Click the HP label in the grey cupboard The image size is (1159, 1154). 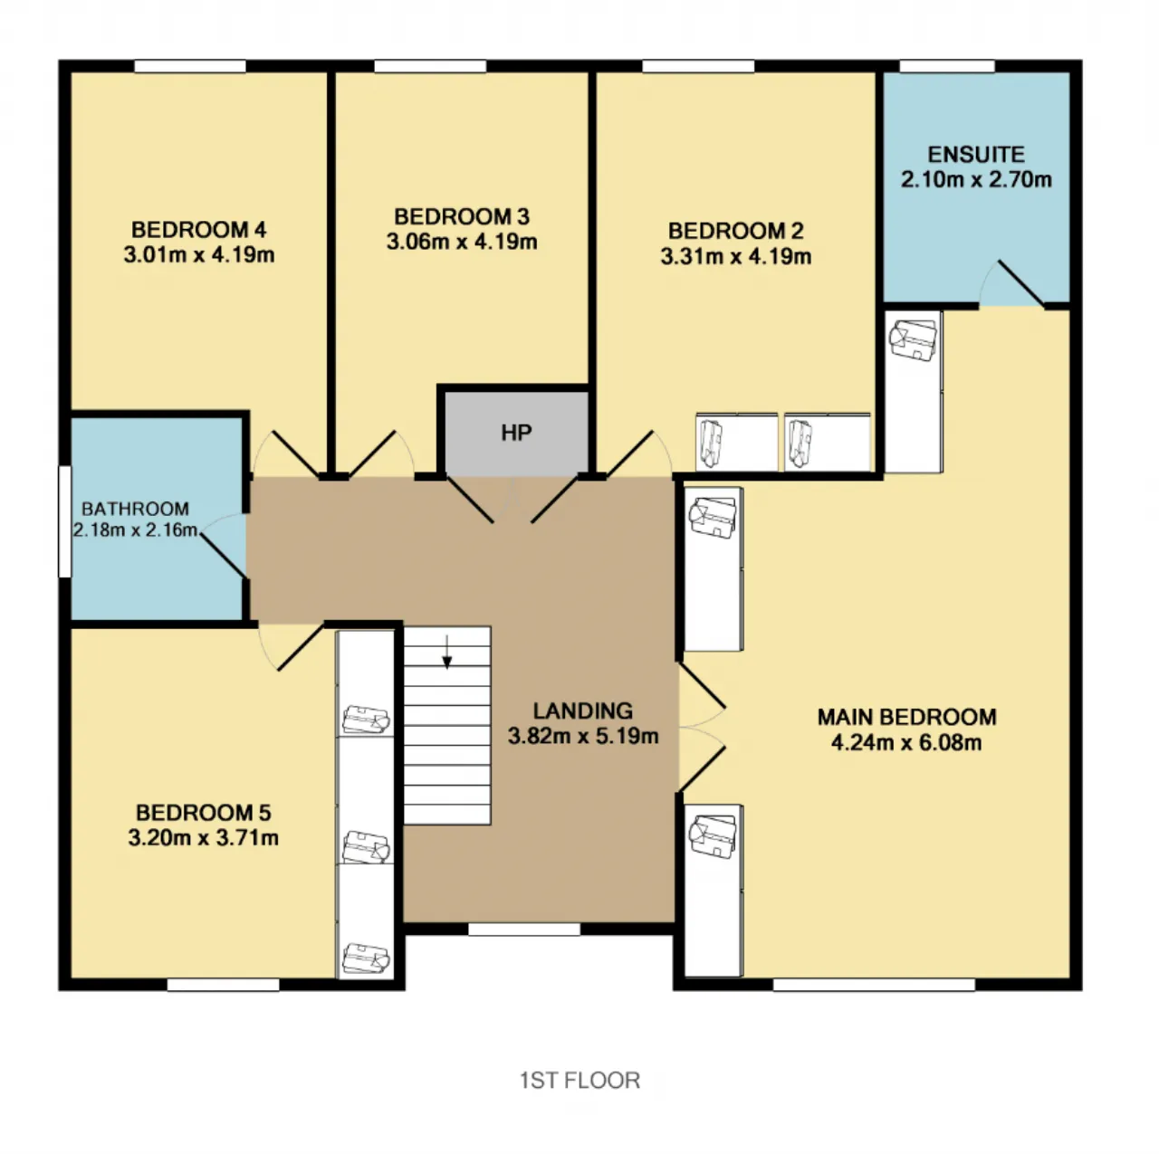click(x=516, y=433)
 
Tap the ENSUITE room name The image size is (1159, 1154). click(x=975, y=155)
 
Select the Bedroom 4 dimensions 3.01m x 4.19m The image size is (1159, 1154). click(x=199, y=255)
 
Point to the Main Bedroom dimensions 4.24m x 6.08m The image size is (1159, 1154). click(x=906, y=743)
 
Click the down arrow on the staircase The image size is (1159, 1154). click(x=447, y=652)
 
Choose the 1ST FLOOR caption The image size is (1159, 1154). click(x=579, y=1081)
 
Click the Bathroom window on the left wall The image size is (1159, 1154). click(x=64, y=521)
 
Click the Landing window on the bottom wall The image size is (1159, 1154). click(x=524, y=930)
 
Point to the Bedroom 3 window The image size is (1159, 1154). click(x=430, y=66)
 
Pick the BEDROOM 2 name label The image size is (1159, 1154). click(x=735, y=231)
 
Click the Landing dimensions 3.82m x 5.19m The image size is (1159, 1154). click(x=583, y=736)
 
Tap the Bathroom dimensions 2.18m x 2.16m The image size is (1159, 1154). click(x=135, y=530)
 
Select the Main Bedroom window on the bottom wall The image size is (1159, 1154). click(x=873, y=985)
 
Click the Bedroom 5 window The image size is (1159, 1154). click(x=223, y=985)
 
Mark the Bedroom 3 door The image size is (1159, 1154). click(x=380, y=453)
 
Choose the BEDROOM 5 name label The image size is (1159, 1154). click(x=204, y=813)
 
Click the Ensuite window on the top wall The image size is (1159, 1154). click(x=947, y=66)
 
